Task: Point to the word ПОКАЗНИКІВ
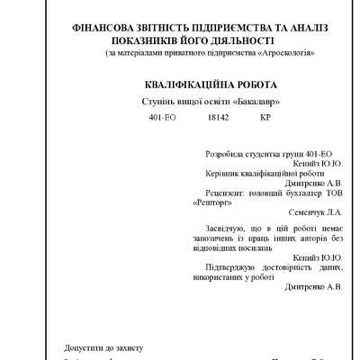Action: pos(151,41)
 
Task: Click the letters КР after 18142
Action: pos(265,118)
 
